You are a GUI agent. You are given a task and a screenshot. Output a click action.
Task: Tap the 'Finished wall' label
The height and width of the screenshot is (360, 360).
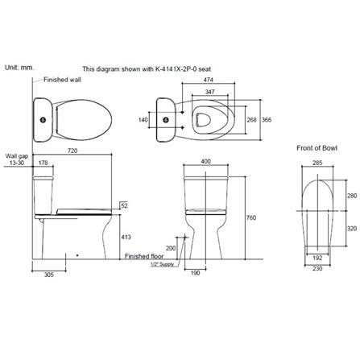click(x=61, y=80)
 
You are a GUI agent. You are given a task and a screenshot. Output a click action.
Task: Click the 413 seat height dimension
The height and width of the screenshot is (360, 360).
click(x=124, y=238)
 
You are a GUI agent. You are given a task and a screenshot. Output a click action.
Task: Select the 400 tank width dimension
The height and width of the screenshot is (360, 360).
click(x=205, y=162)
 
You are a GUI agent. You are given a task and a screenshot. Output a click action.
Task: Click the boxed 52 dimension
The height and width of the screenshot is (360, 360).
click(x=124, y=205)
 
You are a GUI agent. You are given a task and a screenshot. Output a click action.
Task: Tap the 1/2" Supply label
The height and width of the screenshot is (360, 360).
click(x=163, y=263)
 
